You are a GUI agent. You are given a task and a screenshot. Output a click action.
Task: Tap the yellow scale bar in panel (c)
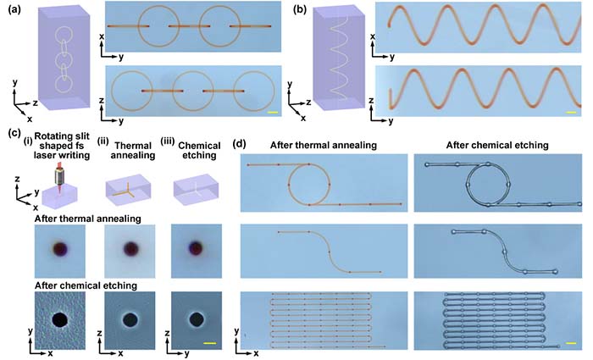(212, 345)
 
